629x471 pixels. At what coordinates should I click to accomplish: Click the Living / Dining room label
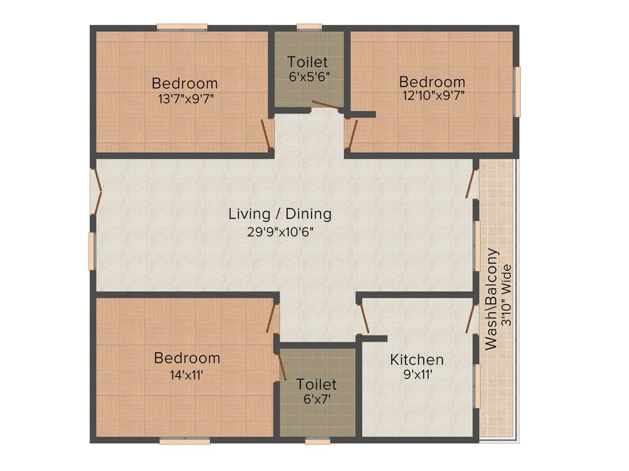[280, 214]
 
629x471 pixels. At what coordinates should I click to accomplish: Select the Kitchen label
[416, 359]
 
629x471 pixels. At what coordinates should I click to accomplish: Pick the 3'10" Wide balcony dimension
[506, 294]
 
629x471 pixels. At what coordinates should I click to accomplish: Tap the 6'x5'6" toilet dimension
[308, 77]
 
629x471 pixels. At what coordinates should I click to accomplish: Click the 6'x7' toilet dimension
[316, 399]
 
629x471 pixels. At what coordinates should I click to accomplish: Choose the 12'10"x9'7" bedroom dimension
[432, 96]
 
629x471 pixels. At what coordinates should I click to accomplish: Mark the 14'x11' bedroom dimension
[187, 373]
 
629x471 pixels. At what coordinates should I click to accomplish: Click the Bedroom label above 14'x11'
[187, 358]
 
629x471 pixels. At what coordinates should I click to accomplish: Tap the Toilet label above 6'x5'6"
[308, 62]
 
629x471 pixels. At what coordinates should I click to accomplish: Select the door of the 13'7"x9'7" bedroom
[267, 134]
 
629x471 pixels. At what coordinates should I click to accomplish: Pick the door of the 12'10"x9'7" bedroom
[351, 134]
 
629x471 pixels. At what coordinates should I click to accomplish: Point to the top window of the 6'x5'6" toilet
[309, 27]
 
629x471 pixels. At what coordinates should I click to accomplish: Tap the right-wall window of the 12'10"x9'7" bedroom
[517, 91]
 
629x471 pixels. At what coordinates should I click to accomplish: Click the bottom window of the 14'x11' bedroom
[185, 440]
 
